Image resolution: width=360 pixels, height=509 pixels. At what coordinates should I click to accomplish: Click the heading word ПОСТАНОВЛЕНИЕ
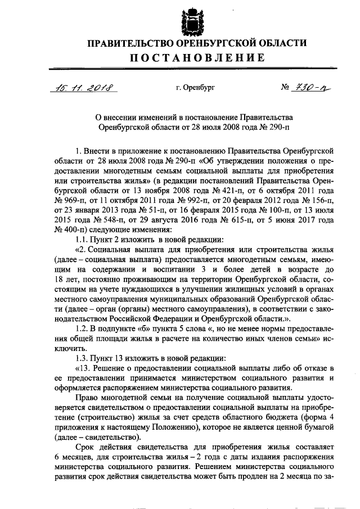coord(191,58)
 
